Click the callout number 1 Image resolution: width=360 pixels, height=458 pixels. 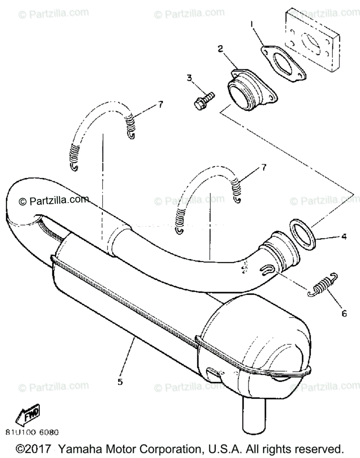(x=251, y=25)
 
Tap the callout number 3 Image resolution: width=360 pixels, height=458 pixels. (x=190, y=78)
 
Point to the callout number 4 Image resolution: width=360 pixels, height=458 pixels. (x=344, y=237)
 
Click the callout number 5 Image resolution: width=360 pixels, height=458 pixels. (x=120, y=381)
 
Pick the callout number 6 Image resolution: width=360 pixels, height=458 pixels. (x=344, y=313)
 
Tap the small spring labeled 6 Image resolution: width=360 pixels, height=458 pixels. (x=323, y=284)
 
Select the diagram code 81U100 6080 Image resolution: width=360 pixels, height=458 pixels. (x=32, y=433)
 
